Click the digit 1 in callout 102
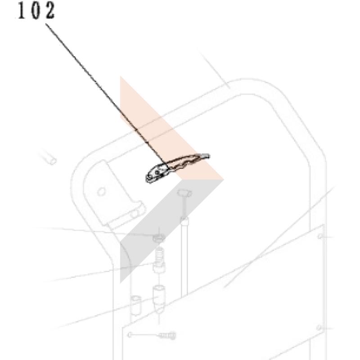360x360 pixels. coord(21,10)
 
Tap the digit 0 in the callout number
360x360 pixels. coord(36,10)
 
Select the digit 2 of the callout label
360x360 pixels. coord(50,10)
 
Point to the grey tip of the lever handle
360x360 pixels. coord(205,156)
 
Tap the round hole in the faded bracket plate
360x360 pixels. coord(101,191)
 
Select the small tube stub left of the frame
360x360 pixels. coord(49,158)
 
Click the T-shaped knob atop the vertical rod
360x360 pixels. coord(184,193)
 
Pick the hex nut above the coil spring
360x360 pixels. coord(159,238)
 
